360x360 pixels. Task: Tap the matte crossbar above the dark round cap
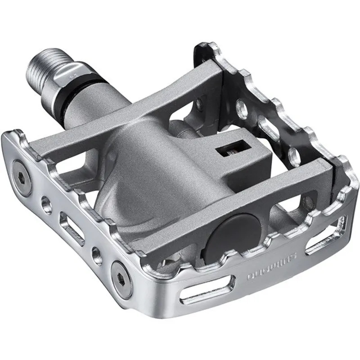[252, 198]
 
